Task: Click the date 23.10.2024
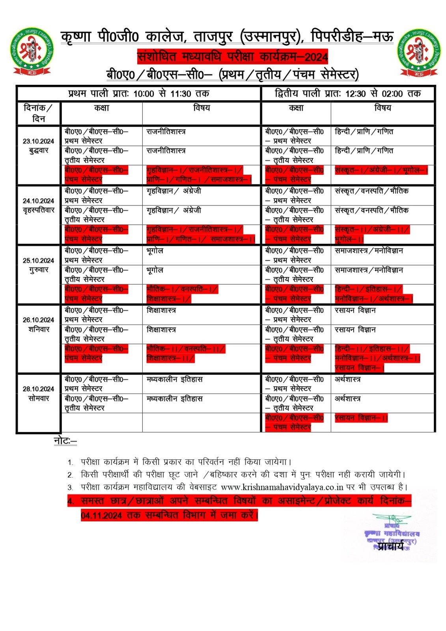click(38, 141)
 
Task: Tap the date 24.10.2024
click(38, 201)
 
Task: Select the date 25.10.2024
click(38, 261)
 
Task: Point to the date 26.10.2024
click(38, 320)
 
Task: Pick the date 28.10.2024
click(38, 389)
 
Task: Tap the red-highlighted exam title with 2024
click(232, 57)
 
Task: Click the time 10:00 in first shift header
click(144, 94)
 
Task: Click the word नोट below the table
click(65, 441)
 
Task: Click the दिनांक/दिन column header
click(38, 113)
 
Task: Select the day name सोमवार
click(38, 398)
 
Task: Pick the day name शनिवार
click(38, 329)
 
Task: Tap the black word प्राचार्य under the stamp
click(390, 546)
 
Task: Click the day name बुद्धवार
click(38, 151)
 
